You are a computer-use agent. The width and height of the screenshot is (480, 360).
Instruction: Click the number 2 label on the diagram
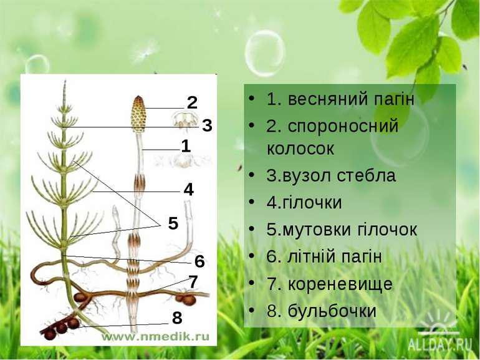pyautogui.click(x=192, y=103)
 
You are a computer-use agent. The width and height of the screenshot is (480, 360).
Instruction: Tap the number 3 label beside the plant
pyautogui.click(x=207, y=125)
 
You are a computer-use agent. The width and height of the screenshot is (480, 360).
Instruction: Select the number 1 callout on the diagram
pyautogui.click(x=186, y=146)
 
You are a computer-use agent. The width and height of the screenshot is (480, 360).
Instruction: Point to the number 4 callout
pyautogui.click(x=188, y=190)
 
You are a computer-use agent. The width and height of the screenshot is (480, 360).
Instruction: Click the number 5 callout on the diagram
pyautogui.click(x=173, y=223)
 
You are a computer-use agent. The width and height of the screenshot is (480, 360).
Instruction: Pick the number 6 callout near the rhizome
pyautogui.click(x=199, y=261)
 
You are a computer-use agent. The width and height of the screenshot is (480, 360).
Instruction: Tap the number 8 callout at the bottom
pyautogui.click(x=177, y=318)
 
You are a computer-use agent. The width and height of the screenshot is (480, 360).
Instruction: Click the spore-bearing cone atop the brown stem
pyautogui.click(x=138, y=114)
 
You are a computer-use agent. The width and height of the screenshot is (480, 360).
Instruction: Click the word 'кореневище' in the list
pyautogui.click(x=340, y=284)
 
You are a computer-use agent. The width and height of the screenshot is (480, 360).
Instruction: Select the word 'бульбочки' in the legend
pyautogui.click(x=332, y=310)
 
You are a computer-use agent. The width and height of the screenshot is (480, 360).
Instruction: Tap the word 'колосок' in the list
pyautogui.click(x=300, y=149)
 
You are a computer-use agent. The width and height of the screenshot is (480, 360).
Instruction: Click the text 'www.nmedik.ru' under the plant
pyautogui.click(x=155, y=336)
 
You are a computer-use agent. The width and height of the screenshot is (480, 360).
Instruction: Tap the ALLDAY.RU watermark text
pyautogui.click(x=440, y=346)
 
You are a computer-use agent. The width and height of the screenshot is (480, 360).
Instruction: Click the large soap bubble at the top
pyautogui.click(x=264, y=53)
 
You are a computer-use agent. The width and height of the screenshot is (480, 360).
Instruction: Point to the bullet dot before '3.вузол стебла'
pyautogui.click(x=252, y=175)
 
